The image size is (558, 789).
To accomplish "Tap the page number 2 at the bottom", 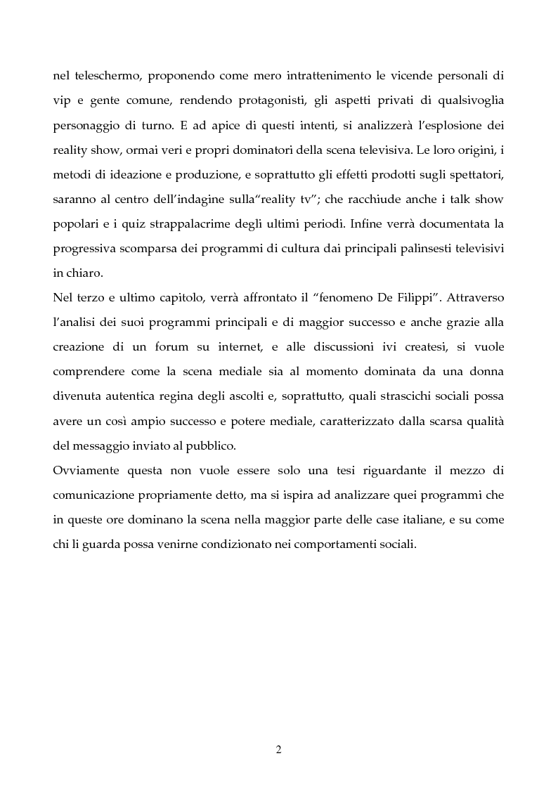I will tap(278, 749).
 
